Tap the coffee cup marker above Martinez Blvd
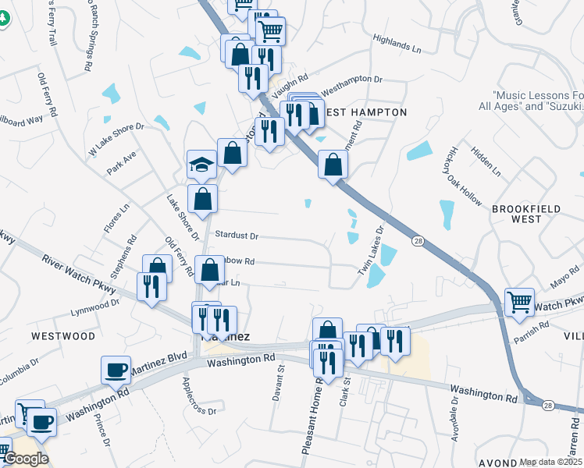116,370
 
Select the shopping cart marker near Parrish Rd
519,302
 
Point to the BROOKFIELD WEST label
527,214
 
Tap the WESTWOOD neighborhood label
62,336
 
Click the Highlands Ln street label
397,43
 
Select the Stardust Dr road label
237,235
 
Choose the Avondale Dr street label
455,422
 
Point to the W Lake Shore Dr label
116,139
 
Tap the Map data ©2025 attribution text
551,462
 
